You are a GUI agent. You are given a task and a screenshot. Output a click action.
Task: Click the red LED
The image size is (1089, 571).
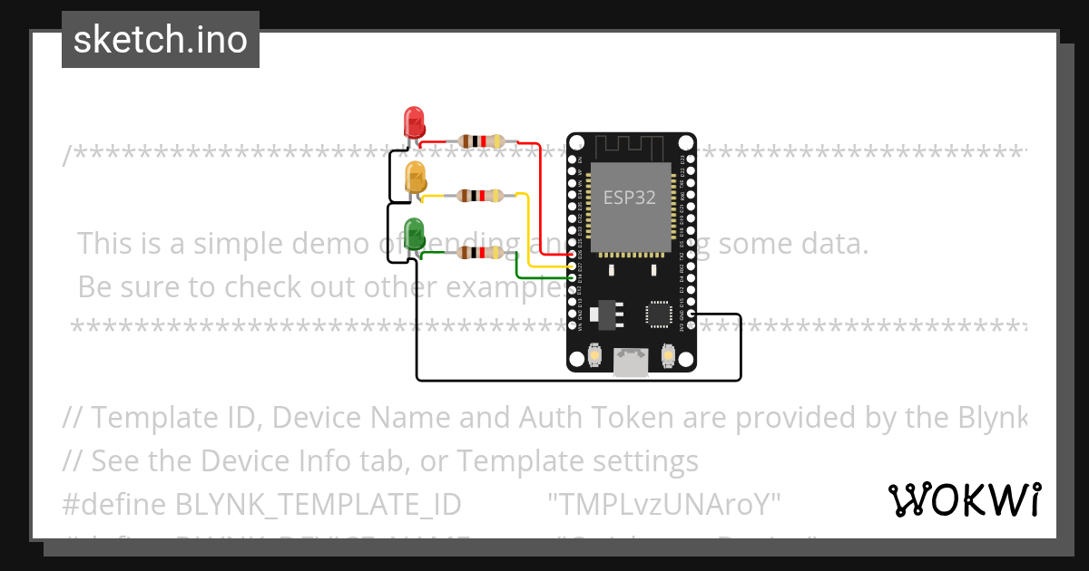click(x=414, y=121)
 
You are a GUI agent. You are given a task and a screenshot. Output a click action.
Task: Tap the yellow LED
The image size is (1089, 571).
click(x=416, y=177)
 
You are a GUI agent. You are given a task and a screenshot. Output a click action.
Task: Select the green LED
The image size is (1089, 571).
click(x=414, y=233)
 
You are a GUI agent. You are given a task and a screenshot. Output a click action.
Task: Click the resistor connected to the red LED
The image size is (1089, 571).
click(x=481, y=140)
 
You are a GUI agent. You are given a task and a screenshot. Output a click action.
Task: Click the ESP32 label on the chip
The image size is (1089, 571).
click(x=630, y=198)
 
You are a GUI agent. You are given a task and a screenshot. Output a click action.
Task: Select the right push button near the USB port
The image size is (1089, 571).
click(x=668, y=356)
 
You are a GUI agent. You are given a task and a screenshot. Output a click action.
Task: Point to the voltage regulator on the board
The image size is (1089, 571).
click(x=606, y=314)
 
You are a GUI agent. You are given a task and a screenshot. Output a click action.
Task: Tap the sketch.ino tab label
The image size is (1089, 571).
click(x=161, y=40)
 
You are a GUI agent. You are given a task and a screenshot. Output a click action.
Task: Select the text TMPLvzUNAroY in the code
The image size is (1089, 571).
click(x=664, y=504)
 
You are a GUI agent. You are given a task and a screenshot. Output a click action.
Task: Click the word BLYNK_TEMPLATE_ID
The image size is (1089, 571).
click(x=318, y=504)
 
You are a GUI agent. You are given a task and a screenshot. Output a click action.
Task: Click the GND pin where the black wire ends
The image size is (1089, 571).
click(x=692, y=315)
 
